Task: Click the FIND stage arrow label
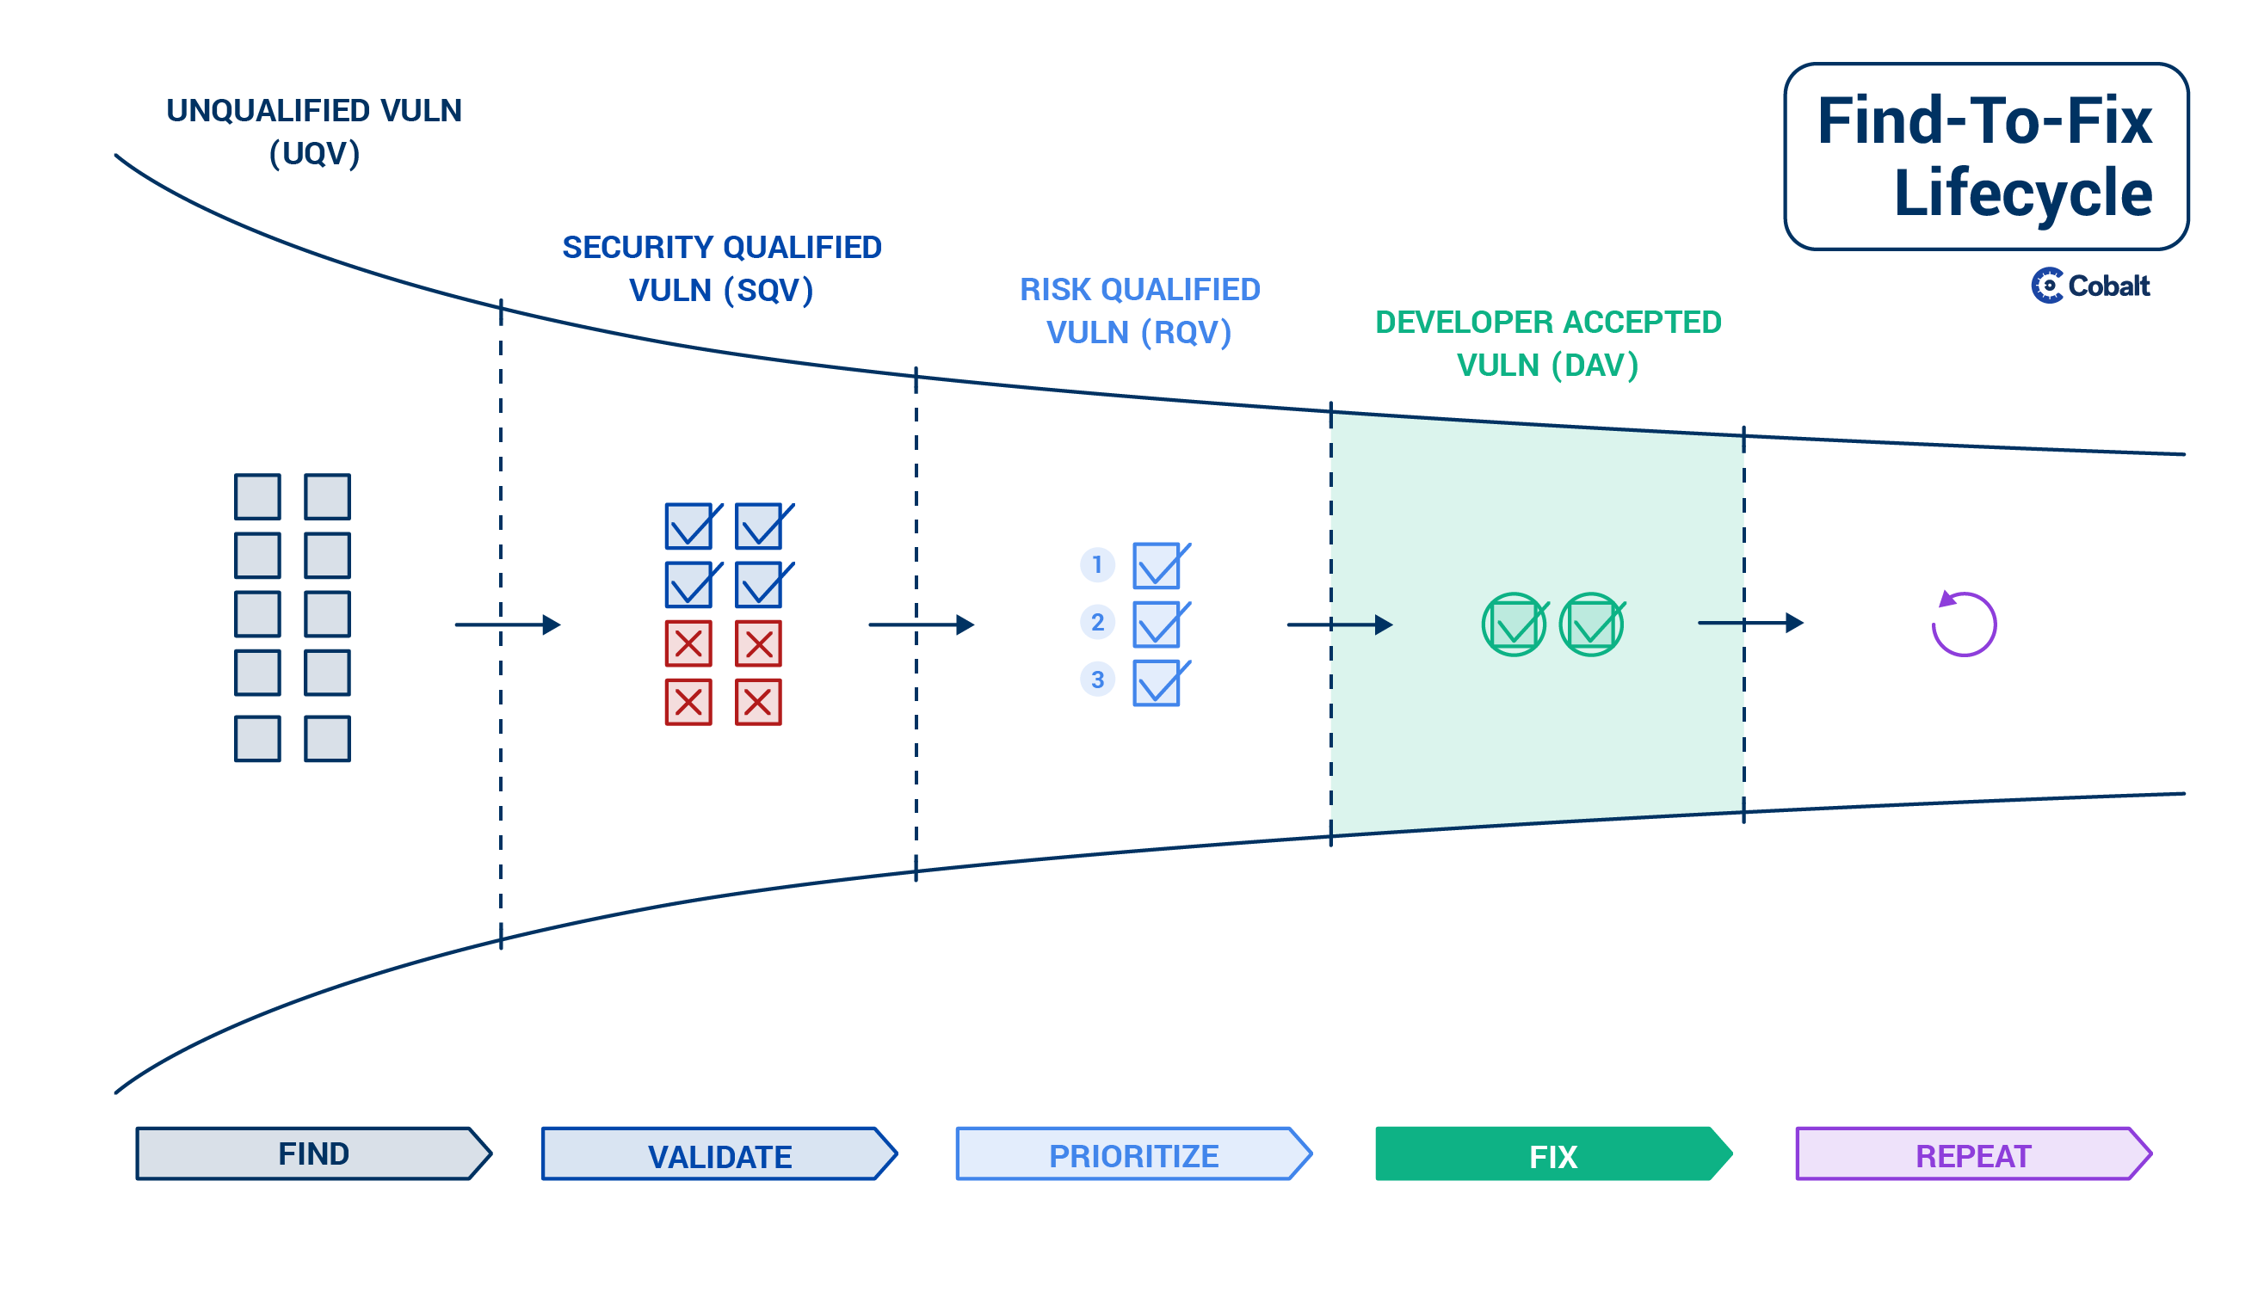[x=314, y=1153]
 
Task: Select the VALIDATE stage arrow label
[x=719, y=1153]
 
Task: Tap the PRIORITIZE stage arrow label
[x=1134, y=1153]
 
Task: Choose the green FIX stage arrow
[x=1554, y=1153]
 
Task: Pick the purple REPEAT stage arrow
[x=1974, y=1153]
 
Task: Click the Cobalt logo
[x=2090, y=286]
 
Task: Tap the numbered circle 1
[x=1098, y=565]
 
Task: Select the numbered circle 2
[x=1098, y=622]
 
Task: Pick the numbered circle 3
[x=1098, y=680]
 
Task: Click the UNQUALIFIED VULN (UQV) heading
[x=314, y=132]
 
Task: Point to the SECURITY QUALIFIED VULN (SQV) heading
[x=721, y=268]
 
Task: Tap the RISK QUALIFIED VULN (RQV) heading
[x=1139, y=311]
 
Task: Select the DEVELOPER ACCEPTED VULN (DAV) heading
[x=1548, y=343]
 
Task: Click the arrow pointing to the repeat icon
[x=1750, y=622]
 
